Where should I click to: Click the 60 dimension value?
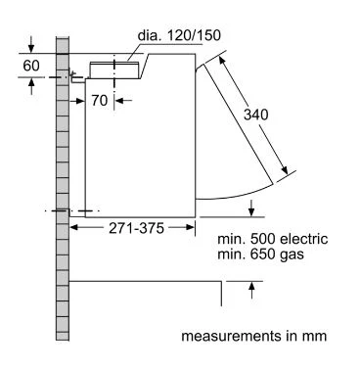(x=31, y=66)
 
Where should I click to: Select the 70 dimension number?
(x=99, y=101)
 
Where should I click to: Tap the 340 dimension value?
(x=256, y=115)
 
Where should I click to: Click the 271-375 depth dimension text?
(x=136, y=228)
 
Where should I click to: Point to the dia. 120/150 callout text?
(x=179, y=35)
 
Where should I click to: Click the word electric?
(x=304, y=239)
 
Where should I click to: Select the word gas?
(x=292, y=254)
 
